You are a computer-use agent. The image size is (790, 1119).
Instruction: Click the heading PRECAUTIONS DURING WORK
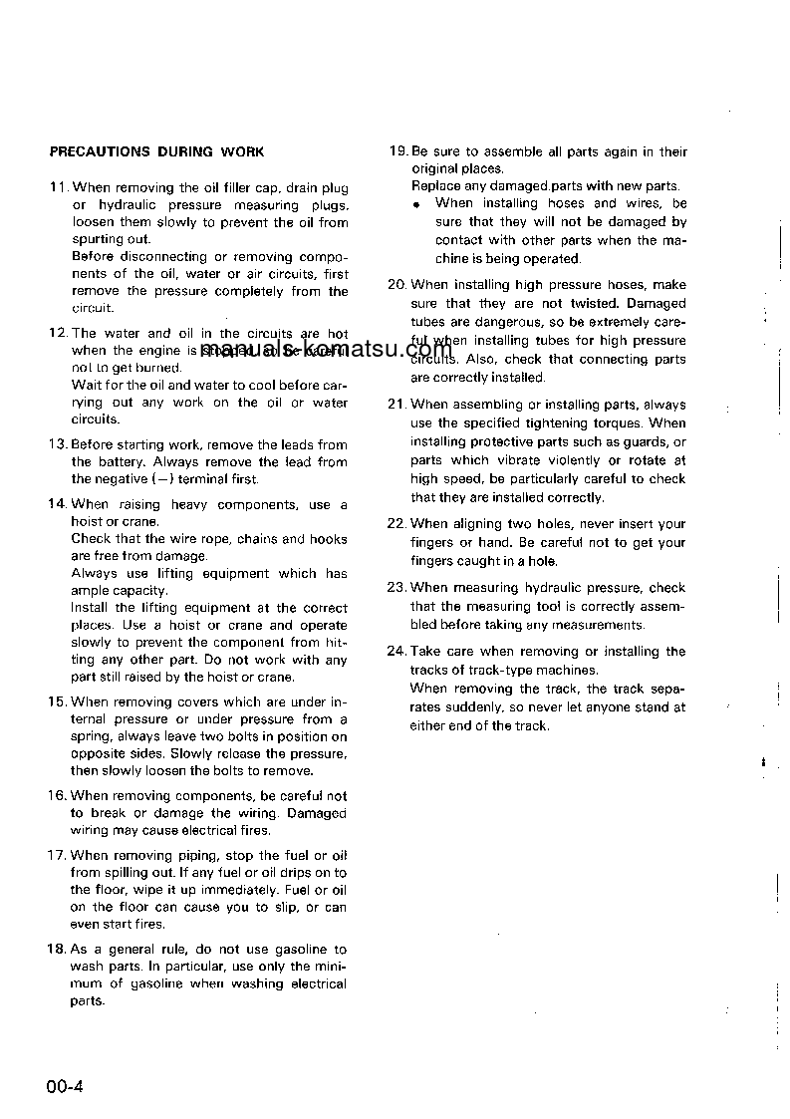[157, 152]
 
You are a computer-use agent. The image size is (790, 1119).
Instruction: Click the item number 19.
[397, 152]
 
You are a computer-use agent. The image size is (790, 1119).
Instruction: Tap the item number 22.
[397, 524]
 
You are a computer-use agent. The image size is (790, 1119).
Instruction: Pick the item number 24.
[397, 652]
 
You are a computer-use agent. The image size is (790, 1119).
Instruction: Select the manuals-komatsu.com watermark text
[326, 350]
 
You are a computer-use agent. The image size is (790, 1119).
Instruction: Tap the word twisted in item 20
[594, 304]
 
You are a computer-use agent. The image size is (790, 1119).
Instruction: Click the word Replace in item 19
[436, 186]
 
